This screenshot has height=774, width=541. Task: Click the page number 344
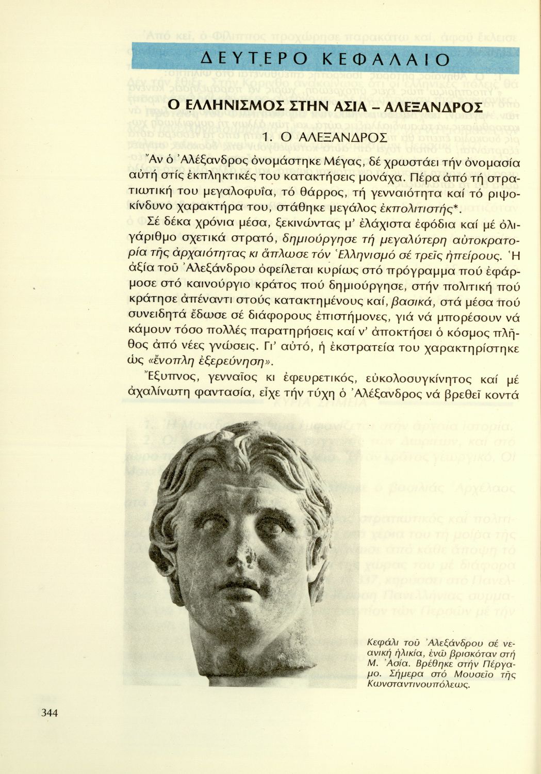click(49, 713)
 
